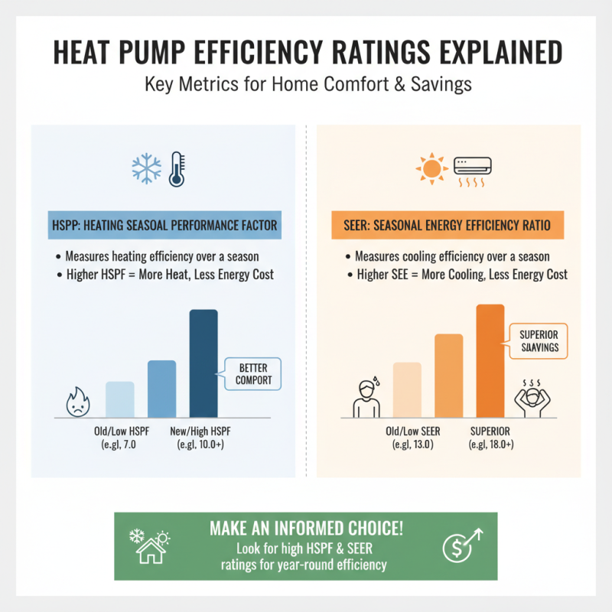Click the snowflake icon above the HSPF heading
click(147, 168)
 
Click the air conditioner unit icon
click(474, 171)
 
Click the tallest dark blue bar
click(203, 363)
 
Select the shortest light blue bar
click(119, 399)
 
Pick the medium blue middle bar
click(161, 389)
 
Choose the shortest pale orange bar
click(407, 390)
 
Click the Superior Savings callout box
click(539, 340)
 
